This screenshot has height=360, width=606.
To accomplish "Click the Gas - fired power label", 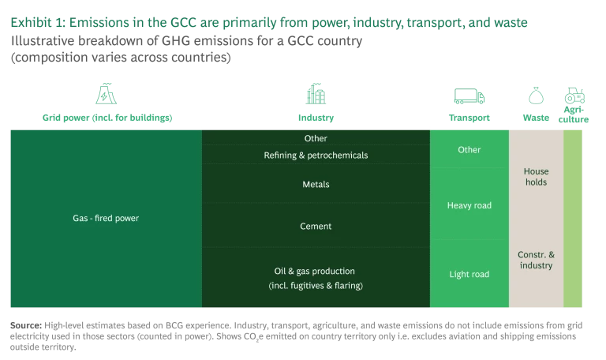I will [105, 218].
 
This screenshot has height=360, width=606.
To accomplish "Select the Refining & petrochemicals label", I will [316, 156].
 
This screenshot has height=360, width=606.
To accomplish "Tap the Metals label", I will [316, 185].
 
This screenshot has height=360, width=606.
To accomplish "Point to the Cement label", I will [316, 227].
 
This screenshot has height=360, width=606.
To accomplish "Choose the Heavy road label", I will [469, 205].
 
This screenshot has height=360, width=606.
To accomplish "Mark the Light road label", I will [469, 275].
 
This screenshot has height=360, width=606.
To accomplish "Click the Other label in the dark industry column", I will [316, 139].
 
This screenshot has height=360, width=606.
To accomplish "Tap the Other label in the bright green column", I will [469, 150].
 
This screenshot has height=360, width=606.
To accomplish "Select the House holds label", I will [536, 177].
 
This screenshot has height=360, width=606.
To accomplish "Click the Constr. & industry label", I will [536, 260].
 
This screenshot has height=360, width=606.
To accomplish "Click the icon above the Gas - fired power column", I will [106, 94].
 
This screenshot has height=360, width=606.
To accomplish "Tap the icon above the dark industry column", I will [315, 95].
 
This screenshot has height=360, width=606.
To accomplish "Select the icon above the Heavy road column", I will [469, 96].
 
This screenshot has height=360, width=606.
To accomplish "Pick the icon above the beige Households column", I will [537, 96].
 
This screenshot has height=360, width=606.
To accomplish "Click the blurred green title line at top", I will [268, 24].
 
